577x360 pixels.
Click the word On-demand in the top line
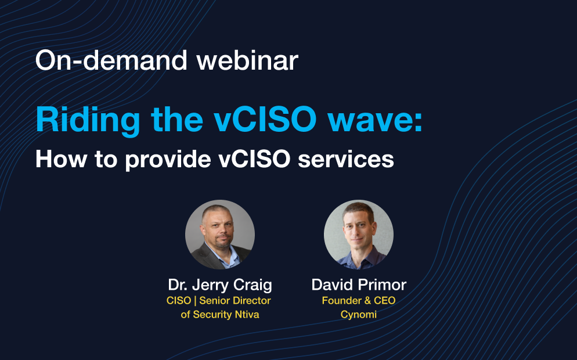(x=111, y=60)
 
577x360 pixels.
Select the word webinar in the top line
(x=247, y=60)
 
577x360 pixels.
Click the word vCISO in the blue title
(x=265, y=120)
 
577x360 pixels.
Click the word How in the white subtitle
(x=62, y=159)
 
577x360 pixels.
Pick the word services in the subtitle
(x=346, y=160)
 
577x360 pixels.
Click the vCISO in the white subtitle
(x=254, y=159)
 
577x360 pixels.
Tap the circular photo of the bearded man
(x=219, y=235)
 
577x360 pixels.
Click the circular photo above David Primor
(x=358, y=235)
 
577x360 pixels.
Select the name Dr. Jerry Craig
(x=220, y=285)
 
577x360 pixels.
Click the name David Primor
(x=359, y=285)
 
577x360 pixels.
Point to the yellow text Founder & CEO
(x=359, y=301)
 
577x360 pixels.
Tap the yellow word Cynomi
(x=358, y=315)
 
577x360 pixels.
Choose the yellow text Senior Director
(x=235, y=301)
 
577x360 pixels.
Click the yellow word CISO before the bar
(x=178, y=301)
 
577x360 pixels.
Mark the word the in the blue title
(x=177, y=120)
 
